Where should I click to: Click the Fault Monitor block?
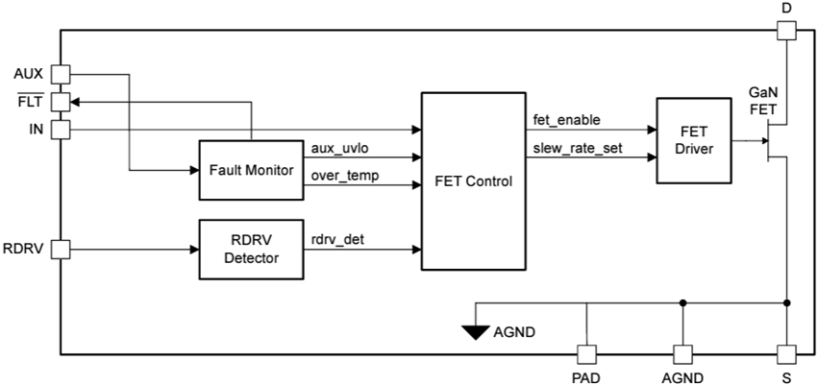coord(250,170)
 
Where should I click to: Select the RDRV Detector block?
coord(250,250)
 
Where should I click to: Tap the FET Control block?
coord(473,180)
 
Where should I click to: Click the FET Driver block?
coord(693,140)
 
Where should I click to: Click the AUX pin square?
coord(60,74)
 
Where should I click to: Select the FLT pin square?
coord(60,101)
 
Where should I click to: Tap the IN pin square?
coord(60,128)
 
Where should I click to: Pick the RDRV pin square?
coord(60,250)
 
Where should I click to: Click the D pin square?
coord(786,31)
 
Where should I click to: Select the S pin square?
coord(786,354)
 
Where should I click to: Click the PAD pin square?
coord(585,354)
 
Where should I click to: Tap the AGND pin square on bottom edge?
coord(682,354)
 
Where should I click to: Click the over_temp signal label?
coord(344,175)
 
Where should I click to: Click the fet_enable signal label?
coord(567,119)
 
